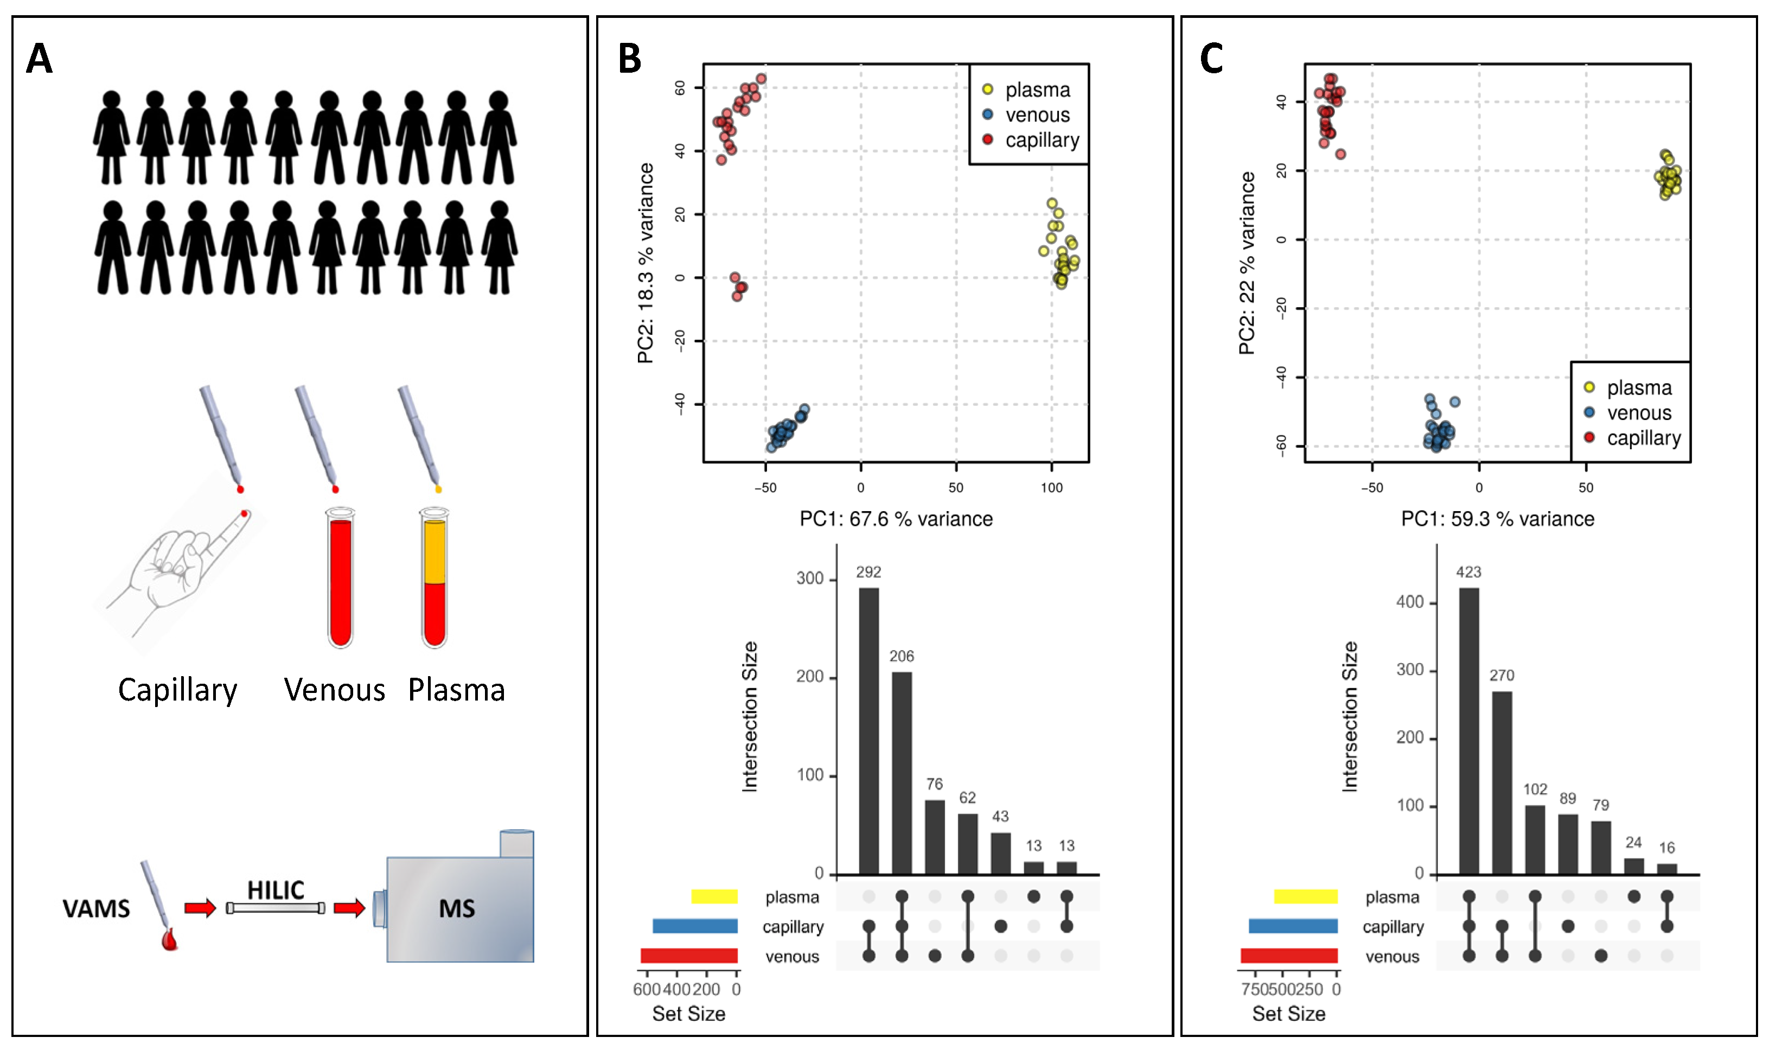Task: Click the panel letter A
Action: tap(40, 59)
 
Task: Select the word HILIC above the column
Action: tap(276, 889)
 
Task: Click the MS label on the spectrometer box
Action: tap(457, 908)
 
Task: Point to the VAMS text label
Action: tap(96, 908)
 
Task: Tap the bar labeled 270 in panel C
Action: tap(1502, 782)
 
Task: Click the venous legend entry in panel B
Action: tap(1037, 114)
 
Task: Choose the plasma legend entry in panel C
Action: tap(1638, 388)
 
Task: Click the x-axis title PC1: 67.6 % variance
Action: tap(896, 519)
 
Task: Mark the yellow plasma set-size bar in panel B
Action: tap(714, 896)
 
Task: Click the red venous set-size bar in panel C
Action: tap(1289, 956)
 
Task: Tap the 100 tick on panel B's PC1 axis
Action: tap(1052, 487)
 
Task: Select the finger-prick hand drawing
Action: tap(177, 566)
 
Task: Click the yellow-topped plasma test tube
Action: tap(435, 577)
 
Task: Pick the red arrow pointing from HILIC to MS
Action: tap(349, 907)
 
